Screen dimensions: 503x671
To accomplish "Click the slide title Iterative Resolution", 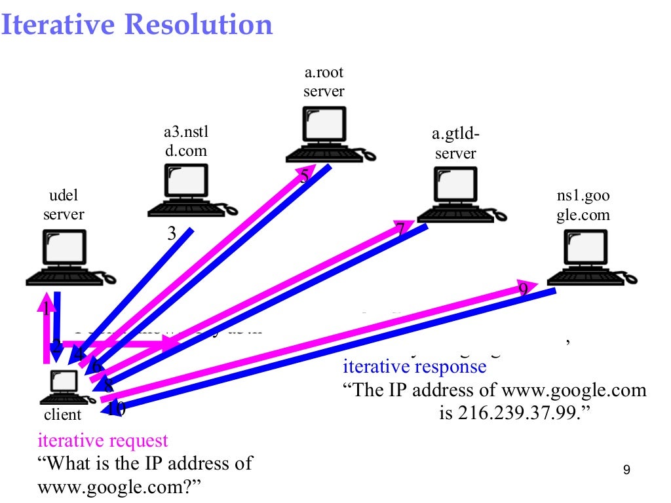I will pyautogui.click(x=136, y=25).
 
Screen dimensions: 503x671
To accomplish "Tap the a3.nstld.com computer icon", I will pyautogui.click(x=187, y=190).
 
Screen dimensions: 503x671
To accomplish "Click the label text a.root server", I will pyautogui.click(x=324, y=82).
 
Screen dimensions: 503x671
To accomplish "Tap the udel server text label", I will pyautogui.click(x=64, y=205).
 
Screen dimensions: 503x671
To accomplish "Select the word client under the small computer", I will pyautogui.click(x=62, y=415).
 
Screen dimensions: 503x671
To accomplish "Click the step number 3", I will pyautogui.click(x=172, y=233).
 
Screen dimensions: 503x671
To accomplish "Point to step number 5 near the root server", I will pyautogui.click(x=304, y=176).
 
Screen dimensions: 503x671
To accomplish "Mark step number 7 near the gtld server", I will pyautogui.click(x=400, y=229).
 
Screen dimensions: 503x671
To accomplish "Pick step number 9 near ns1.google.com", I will pyautogui.click(x=523, y=289).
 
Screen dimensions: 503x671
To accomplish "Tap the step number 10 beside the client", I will pyautogui.click(x=116, y=409).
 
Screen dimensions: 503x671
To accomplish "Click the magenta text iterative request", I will pyautogui.click(x=103, y=441).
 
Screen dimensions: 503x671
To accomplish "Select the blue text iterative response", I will pyautogui.click(x=415, y=366).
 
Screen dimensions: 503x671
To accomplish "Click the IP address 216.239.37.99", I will pyautogui.click(x=510, y=414).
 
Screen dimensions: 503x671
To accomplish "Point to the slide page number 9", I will pyautogui.click(x=627, y=470).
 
